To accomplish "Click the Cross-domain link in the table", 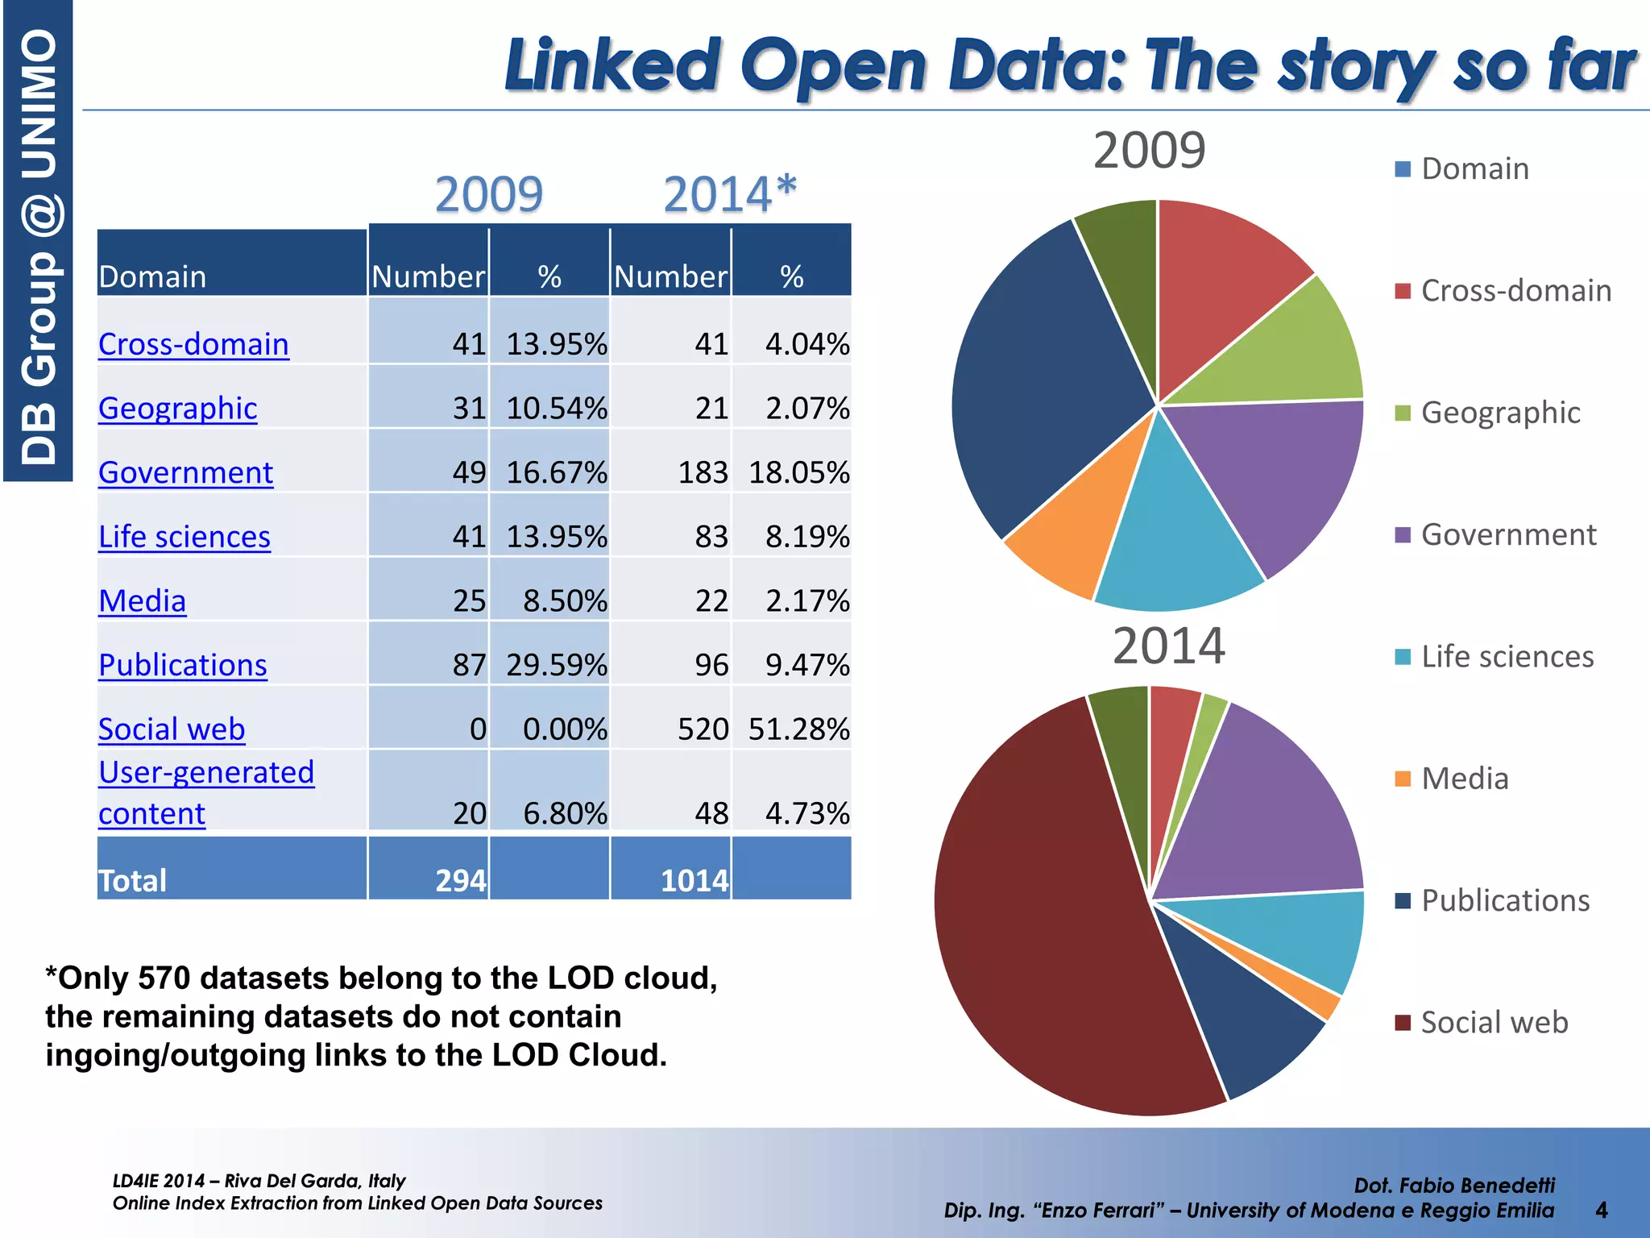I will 193,344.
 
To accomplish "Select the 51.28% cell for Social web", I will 798,729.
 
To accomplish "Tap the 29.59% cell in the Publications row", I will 556,665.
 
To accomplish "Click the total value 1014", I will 694,880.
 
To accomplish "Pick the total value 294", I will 460,880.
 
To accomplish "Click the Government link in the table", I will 185,472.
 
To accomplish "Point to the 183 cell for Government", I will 703,472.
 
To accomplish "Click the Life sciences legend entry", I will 1507,657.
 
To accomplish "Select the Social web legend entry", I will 1494,1022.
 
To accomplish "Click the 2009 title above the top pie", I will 1149,150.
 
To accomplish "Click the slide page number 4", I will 1602,1210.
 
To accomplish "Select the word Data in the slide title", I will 1039,66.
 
